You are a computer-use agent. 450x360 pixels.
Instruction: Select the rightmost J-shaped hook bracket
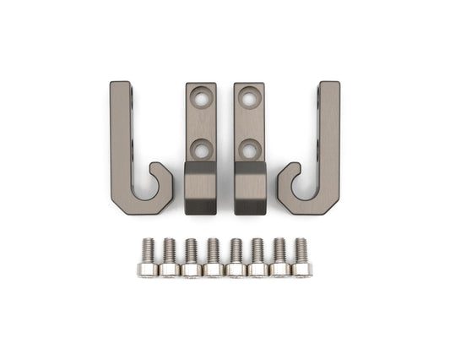[x=328, y=152]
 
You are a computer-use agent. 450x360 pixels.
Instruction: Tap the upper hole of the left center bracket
[x=201, y=99]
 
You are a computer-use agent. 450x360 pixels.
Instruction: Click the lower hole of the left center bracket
[x=201, y=150]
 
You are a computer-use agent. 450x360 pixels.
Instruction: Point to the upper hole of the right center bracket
[x=249, y=99]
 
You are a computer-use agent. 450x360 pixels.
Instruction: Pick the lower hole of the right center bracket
[x=249, y=150]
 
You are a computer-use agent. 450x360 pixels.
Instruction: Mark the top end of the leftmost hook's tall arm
[x=120, y=87]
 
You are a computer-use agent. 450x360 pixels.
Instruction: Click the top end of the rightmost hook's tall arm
[x=329, y=87]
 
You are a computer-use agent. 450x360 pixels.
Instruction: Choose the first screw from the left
[x=147, y=259]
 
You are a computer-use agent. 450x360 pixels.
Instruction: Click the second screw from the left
[x=169, y=259]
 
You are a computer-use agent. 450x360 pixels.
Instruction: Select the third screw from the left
[x=191, y=259]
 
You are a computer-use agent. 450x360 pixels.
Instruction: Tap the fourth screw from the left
[x=213, y=259]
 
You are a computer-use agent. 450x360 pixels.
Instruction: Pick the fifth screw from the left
[x=236, y=259]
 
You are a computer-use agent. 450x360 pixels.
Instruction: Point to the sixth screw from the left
[x=258, y=259]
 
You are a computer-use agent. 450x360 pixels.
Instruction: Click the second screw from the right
[x=279, y=259]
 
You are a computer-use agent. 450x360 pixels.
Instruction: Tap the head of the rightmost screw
[x=301, y=270]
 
